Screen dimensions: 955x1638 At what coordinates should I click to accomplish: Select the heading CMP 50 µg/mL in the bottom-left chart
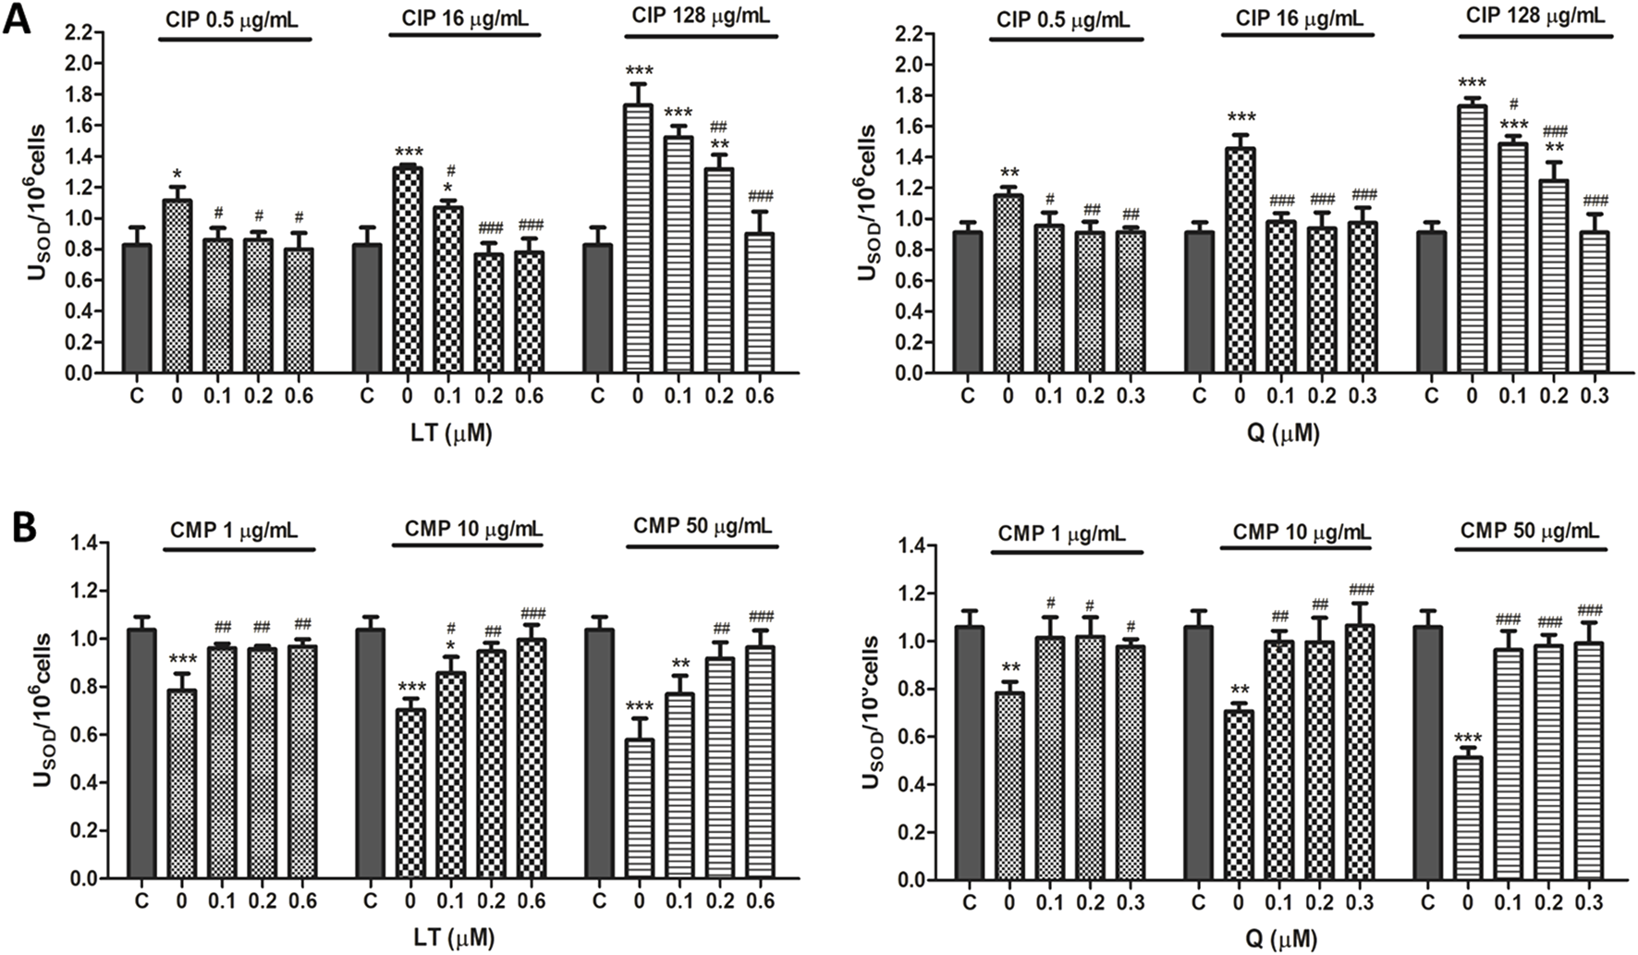point(703,526)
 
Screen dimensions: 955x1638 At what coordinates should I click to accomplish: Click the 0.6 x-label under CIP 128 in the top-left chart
point(760,397)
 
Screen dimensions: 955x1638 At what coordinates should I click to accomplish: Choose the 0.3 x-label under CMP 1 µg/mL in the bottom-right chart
point(1131,902)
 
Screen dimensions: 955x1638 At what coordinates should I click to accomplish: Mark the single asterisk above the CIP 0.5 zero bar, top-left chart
point(177,175)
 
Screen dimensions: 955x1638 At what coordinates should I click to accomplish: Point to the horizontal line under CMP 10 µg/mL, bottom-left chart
point(469,545)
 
